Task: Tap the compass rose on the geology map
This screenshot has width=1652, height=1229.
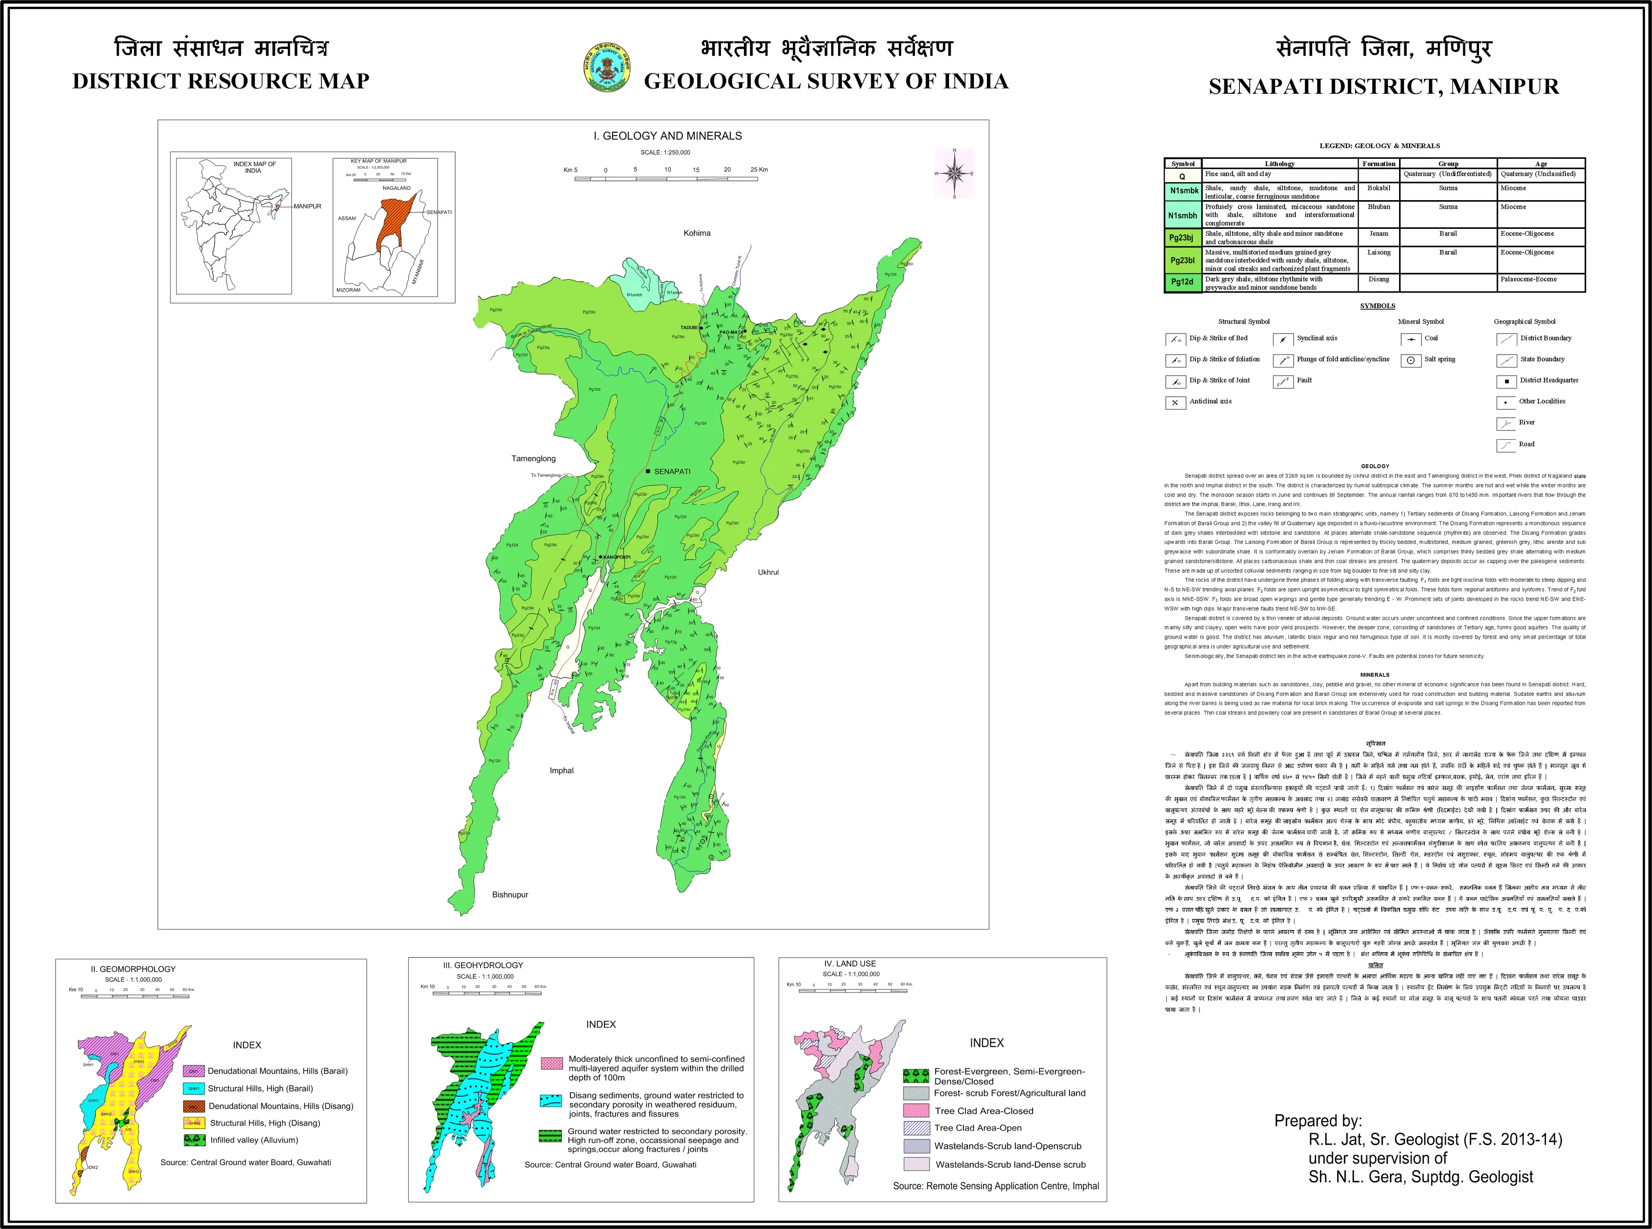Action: click(x=954, y=173)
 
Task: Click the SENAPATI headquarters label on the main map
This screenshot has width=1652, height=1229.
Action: click(x=672, y=472)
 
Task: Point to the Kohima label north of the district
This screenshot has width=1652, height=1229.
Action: click(x=697, y=233)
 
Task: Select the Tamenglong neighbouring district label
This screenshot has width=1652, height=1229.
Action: click(x=533, y=458)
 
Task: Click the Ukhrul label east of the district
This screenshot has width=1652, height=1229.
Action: click(x=767, y=572)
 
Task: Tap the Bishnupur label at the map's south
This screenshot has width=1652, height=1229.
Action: click(x=510, y=894)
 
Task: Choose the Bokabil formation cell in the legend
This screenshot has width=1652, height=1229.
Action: click(x=1378, y=188)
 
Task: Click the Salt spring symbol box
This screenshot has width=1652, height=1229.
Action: click(x=1410, y=360)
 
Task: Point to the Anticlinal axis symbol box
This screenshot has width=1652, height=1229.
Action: click(x=1174, y=402)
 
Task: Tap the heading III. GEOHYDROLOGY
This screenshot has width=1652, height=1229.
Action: click(x=483, y=965)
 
